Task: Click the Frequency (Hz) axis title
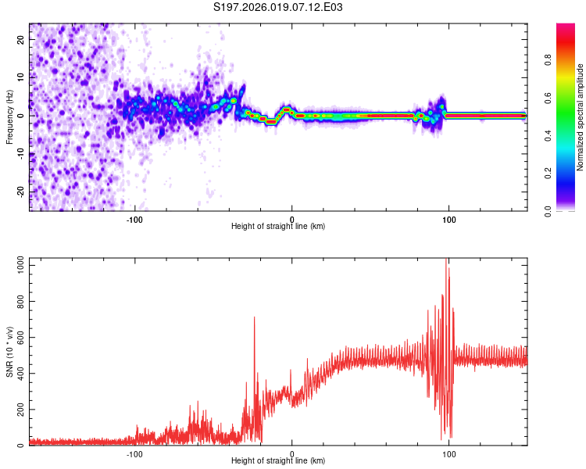[9, 117]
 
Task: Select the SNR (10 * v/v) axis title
[9, 352]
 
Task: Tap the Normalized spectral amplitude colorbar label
[580, 117]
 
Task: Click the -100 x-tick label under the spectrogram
[134, 218]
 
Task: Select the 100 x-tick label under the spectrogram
[449, 218]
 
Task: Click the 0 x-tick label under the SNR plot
[292, 453]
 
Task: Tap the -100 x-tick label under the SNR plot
[134, 453]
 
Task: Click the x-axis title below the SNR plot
[278, 461]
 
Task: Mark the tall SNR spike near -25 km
[255, 319]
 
